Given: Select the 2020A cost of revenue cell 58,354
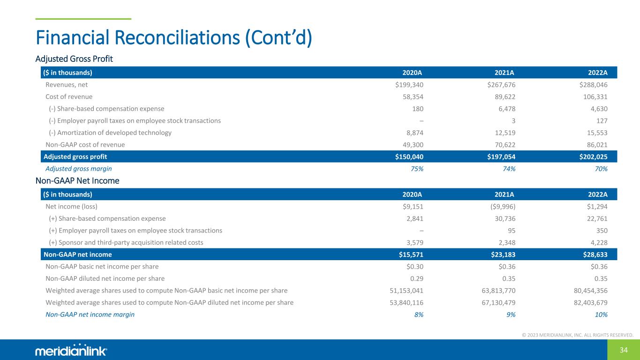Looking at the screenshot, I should click(413, 97).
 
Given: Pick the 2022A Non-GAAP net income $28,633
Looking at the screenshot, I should click(593, 254).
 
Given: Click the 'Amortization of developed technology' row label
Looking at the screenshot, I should click(110, 133).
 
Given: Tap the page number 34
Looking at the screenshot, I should click(624, 350).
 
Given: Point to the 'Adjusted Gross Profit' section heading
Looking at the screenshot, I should click(74, 59).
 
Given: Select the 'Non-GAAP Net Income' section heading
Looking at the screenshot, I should click(77, 180).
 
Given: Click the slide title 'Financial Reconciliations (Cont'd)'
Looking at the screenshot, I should click(173, 37).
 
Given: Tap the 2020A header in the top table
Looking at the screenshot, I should click(413, 73).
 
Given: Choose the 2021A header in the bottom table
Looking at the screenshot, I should click(504, 194).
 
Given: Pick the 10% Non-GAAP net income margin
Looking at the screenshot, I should click(601, 315).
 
